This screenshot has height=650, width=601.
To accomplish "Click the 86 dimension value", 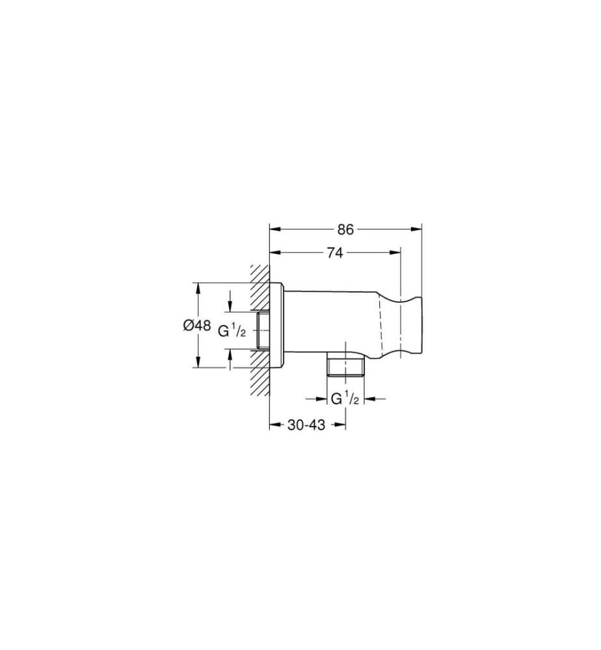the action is point(345,229).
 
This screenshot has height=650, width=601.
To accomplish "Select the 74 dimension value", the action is point(335,253).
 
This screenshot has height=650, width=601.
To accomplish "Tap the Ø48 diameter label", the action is point(196,326).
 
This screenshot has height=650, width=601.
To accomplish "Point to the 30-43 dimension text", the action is point(306,424).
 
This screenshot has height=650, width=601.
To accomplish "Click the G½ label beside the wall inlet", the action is point(232,331).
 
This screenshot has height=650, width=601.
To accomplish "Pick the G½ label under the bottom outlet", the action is point(345,399).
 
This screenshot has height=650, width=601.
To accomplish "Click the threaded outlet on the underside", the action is point(345,365).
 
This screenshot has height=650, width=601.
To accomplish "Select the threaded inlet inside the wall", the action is point(263,330).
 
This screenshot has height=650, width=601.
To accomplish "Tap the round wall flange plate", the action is point(276,326).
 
